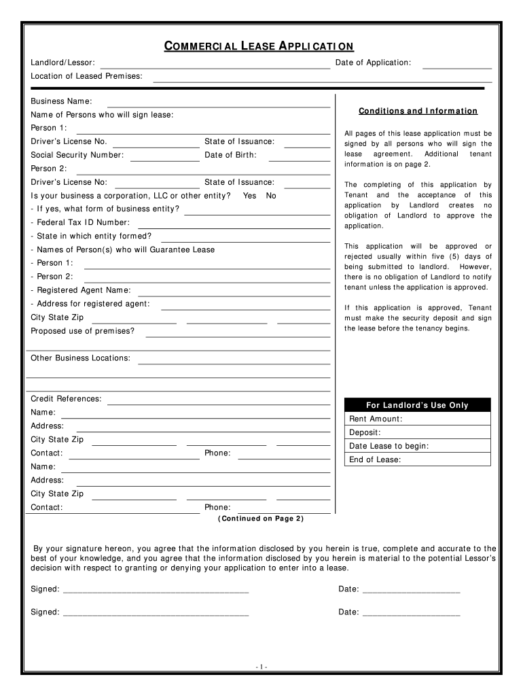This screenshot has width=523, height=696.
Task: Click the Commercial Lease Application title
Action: coord(259,46)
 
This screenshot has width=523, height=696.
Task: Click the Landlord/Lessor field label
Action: coord(62,63)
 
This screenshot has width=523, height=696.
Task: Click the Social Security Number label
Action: coord(77,155)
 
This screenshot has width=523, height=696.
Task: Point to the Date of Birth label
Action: coord(230,155)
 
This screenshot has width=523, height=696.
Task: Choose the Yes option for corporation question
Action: coord(249,196)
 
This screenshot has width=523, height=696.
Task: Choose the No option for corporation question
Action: coord(271,196)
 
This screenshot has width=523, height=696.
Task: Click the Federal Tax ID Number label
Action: coord(80,222)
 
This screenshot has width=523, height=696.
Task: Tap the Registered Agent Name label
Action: coord(81,290)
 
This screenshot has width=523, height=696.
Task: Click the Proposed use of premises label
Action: coord(82,331)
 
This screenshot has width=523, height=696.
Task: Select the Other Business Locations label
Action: coord(81,358)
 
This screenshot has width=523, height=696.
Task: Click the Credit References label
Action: coord(66,399)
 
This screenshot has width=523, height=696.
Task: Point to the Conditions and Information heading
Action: coord(418,111)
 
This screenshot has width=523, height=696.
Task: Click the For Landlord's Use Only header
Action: coord(417,405)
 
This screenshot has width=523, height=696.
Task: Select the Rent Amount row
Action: coord(417,419)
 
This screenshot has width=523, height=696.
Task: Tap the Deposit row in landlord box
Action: coord(417,432)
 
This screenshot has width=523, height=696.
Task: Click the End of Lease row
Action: coord(417,459)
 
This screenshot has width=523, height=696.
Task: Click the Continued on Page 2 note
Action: coord(261,519)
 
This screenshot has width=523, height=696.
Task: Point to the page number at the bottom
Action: coord(261,667)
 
